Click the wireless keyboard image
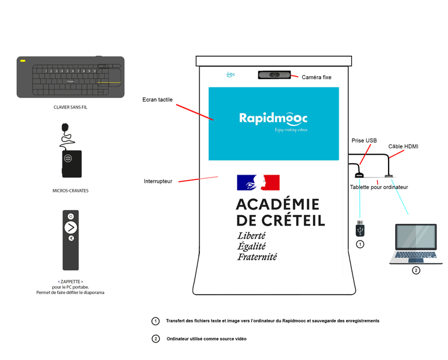click(71, 76)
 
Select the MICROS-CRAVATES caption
click(71, 190)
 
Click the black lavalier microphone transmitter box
click(71, 163)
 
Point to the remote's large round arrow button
click(71, 227)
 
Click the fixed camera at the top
click(275, 75)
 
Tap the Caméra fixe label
click(316, 77)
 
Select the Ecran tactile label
click(157, 100)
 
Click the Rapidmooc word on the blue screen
click(273, 118)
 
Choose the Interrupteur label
click(158, 181)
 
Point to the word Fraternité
click(257, 257)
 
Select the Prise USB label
click(364, 140)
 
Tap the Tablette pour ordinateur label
click(379, 187)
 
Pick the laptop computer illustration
click(416, 244)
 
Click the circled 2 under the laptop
click(416, 270)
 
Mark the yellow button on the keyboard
click(23, 61)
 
